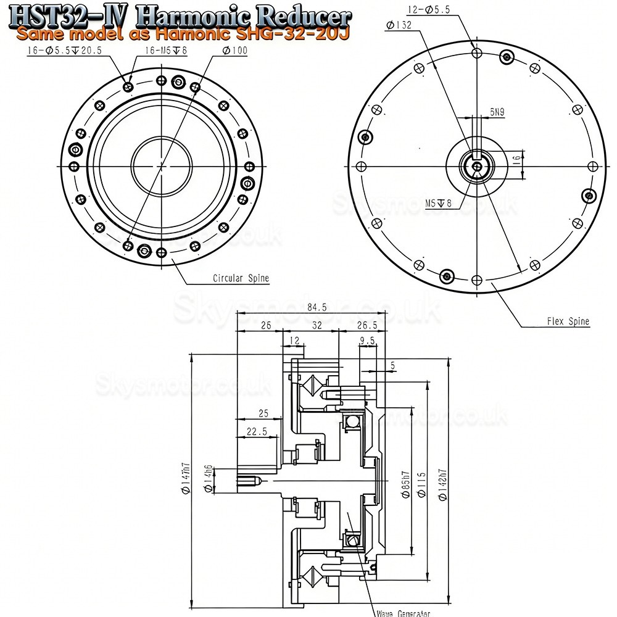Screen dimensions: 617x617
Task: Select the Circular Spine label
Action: tap(241, 278)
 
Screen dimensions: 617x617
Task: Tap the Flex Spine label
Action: tap(568, 321)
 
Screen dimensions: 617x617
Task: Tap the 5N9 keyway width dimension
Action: tap(497, 112)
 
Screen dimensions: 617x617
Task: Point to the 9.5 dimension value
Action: tap(368, 339)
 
